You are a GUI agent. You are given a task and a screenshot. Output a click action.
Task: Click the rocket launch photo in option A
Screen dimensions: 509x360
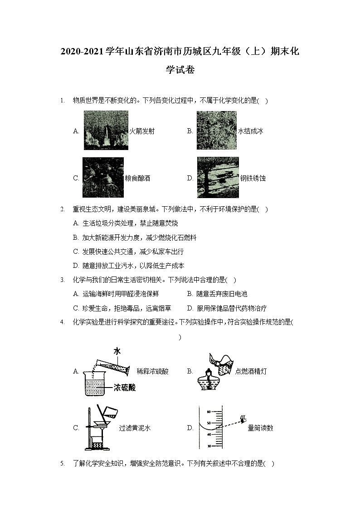tap(106, 131)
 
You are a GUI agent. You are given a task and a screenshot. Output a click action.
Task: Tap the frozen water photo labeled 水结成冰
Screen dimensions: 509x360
tap(216, 131)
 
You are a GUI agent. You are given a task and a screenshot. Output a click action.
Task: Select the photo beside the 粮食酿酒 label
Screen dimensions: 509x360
tap(103, 177)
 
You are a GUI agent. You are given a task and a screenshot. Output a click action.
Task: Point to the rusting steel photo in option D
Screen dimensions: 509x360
tap(218, 178)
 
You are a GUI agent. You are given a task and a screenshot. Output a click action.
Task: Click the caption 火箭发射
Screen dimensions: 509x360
tap(142, 131)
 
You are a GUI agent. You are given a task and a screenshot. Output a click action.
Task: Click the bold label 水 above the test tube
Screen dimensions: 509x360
tap(117, 351)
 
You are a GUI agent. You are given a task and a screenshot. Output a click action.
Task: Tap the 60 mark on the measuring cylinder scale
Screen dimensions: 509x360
tap(209, 412)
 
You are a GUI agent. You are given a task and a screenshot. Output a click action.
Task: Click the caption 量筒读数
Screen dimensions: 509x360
tap(260, 428)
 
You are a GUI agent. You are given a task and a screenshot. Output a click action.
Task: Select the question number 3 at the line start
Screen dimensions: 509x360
tap(62, 281)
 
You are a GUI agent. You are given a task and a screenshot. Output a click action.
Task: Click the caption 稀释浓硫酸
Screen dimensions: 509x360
tap(152, 372)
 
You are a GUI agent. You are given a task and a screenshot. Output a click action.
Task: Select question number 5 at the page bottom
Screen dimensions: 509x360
tap(62, 464)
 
